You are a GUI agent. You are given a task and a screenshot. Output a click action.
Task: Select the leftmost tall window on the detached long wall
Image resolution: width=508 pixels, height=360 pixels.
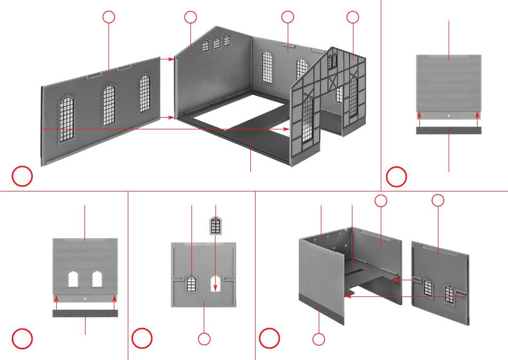click(x=66, y=119)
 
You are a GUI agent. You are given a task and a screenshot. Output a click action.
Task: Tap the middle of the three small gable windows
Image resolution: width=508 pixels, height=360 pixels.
click(x=217, y=43)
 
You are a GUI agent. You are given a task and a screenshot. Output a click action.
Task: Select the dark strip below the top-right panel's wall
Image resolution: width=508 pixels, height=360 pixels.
click(x=449, y=130)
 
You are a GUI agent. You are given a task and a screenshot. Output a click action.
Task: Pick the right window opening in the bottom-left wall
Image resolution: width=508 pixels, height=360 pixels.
click(x=97, y=279)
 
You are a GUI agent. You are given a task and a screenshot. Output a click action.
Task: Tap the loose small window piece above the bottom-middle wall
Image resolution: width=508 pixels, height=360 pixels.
click(x=215, y=225)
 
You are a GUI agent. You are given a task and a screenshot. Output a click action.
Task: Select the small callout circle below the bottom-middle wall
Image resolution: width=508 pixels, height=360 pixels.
click(x=204, y=339)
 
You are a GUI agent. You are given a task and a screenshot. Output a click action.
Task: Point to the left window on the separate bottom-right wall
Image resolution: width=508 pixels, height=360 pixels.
click(x=428, y=288)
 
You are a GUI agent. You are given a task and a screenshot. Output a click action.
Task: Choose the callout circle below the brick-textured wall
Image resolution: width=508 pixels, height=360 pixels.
click(x=319, y=339)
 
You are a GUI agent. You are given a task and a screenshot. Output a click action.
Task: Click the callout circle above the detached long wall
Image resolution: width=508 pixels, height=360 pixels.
click(x=109, y=17)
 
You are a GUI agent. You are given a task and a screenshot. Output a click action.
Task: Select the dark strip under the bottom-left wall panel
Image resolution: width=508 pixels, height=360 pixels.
click(x=85, y=313)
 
